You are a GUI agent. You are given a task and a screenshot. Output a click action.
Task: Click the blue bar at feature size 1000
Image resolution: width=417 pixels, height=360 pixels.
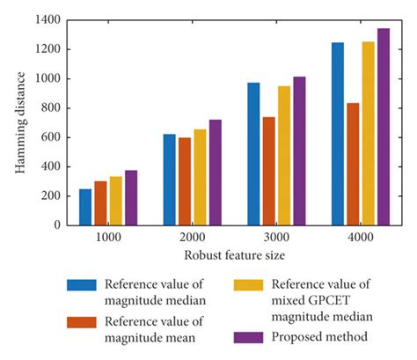(x=85, y=207)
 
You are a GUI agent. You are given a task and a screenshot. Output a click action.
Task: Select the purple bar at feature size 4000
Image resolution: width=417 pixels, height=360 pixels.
(x=384, y=127)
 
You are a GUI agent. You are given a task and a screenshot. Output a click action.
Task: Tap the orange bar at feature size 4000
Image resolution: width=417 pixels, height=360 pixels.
(x=353, y=164)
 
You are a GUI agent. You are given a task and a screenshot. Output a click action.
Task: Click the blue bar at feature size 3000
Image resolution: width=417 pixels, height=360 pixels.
(x=253, y=154)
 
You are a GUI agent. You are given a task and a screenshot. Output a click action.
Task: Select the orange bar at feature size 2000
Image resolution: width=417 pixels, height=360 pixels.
(x=185, y=180)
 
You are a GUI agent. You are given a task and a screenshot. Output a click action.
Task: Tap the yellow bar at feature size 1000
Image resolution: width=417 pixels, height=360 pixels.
(x=116, y=201)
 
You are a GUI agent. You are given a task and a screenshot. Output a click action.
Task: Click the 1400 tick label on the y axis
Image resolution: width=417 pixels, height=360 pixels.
(x=49, y=19)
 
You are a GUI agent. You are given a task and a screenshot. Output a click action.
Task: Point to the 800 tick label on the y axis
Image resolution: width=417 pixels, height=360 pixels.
(x=53, y=107)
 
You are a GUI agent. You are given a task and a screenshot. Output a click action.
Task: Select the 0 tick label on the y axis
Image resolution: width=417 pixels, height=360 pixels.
(x=58, y=224)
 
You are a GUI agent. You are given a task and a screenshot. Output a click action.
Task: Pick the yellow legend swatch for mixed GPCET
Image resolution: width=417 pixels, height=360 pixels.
(x=247, y=284)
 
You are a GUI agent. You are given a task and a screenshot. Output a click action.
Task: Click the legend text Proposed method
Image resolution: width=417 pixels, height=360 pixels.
(x=318, y=337)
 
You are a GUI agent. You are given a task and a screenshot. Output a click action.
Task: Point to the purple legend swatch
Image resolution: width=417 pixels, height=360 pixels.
(x=247, y=337)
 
